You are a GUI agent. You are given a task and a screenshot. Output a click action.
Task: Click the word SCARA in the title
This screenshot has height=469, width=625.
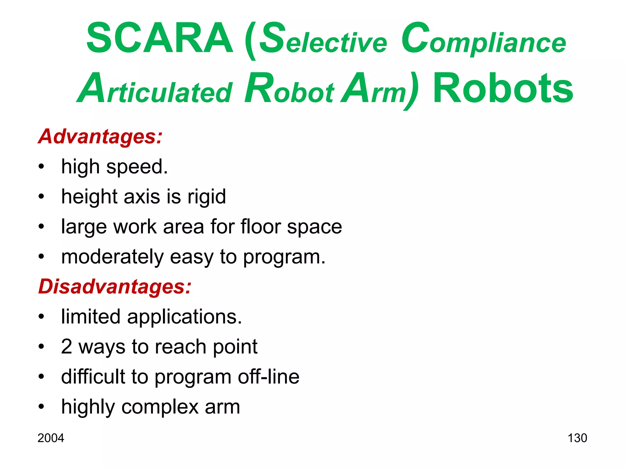coord(160,39)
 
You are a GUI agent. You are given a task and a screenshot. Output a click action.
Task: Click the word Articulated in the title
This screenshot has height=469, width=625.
coord(155,89)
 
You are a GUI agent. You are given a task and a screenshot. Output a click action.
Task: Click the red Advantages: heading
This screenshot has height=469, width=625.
coord(100,136)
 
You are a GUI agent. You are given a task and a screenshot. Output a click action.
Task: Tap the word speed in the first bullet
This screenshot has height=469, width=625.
coord(137,167)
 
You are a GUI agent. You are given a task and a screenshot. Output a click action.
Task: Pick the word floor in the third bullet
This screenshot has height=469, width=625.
coord(261,227)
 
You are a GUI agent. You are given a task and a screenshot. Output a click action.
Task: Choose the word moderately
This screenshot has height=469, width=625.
coord(113,257)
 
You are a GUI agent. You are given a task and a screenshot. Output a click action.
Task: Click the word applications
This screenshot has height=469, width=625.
coord(185,317)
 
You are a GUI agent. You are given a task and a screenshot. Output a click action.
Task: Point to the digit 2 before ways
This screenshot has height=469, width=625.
coord(67,347)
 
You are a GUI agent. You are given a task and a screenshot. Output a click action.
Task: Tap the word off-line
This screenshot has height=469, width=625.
coord(269,376)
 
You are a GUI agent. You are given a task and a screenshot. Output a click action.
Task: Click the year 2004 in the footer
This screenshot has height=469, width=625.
coord(51,438)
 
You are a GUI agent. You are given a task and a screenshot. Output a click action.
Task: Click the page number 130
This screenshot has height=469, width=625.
coord(577,438)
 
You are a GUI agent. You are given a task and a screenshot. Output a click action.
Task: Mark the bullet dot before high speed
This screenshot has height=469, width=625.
coord(42,167)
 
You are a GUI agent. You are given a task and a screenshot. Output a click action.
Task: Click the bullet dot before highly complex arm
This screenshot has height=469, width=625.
coord(42,407)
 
